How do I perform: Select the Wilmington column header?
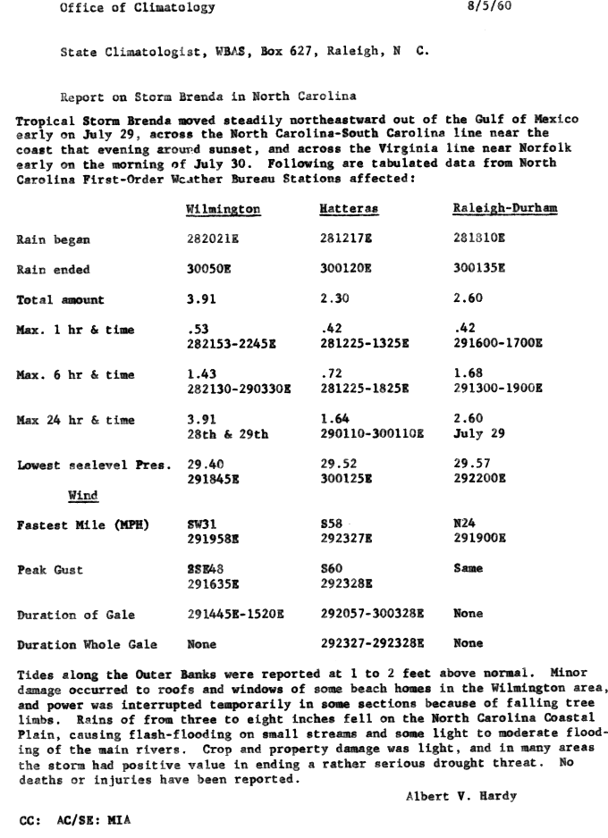point(224,208)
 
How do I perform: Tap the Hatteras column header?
point(349,208)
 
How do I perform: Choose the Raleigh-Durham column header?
point(504,208)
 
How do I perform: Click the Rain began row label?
point(54,239)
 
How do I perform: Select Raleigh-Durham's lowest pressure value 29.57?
point(471,465)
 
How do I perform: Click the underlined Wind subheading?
point(83,495)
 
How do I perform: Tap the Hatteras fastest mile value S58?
point(332,525)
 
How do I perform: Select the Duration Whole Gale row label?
point(87,643)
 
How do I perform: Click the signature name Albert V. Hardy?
point(447,797)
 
